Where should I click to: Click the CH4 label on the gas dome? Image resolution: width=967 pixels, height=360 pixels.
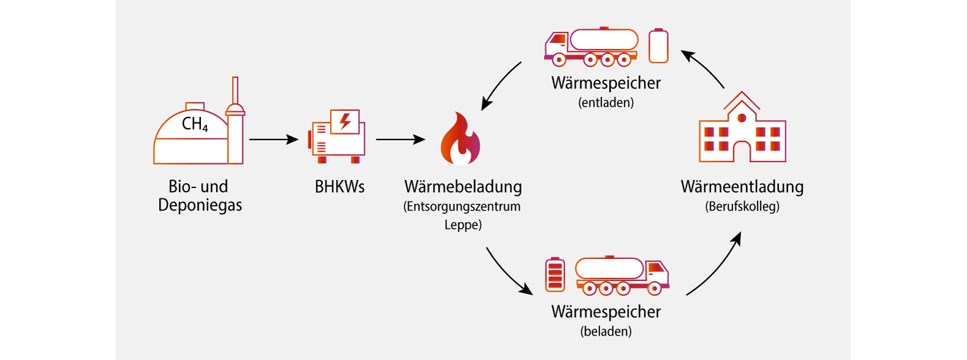coord(195,124)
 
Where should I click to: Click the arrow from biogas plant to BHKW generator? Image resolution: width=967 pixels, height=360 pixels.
coord(273,140)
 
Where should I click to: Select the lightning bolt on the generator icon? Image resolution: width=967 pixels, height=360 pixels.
coord(345,121)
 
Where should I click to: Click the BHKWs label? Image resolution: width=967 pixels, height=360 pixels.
coord(339,187)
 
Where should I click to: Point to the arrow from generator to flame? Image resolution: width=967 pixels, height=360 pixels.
coord(400,140)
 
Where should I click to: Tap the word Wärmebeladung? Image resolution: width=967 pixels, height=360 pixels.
coord(463,187)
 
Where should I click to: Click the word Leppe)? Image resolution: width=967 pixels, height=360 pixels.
coord(463,225)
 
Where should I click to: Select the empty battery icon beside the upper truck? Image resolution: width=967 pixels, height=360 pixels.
coord(658,46)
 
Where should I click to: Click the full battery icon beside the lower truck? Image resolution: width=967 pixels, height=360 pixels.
coord(555,275)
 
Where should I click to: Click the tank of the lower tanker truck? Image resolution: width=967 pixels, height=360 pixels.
coord(609,269)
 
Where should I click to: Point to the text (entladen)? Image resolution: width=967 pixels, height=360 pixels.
coord(606,103)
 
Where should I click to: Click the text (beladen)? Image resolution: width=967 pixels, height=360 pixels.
coord(606,332)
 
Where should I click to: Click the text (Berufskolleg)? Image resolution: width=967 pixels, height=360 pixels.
coord(742,206)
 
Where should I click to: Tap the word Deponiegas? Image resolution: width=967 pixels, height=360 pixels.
coord(200,205)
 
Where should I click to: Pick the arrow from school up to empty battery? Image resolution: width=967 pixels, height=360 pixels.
coord(704,69)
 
